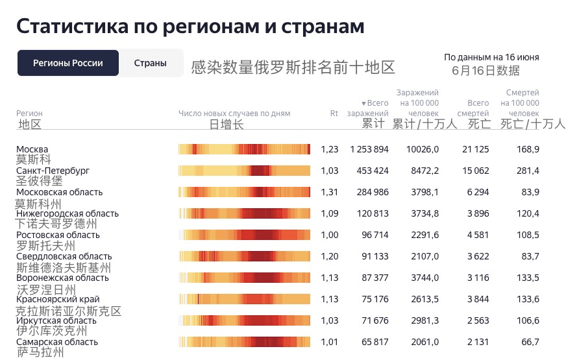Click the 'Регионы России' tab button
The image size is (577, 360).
(x=68, y=63)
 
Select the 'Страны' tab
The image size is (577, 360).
(x=150, y=63)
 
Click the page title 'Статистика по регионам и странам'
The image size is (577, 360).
(x=190, y=26)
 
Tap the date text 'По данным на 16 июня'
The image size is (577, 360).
(x=491, y=57)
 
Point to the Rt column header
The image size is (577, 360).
(x=334, y=114)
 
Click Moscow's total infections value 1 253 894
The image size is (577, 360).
(x=369, y=149)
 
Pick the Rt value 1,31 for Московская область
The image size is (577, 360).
(x=330, y=192)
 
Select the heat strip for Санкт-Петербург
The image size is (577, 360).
(x=244, y=171)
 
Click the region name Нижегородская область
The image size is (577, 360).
(x=68, y=213)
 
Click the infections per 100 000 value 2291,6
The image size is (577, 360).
(x=423, y=235)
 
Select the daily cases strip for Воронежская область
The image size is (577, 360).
(x=244, y=278)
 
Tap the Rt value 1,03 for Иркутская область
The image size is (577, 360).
(x=330, y=320)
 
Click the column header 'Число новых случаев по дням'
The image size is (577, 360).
(x=234, y=114)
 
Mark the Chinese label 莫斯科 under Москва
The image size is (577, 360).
(x=34, y=159)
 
